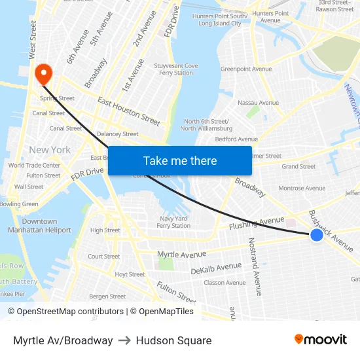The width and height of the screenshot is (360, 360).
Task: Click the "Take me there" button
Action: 180,160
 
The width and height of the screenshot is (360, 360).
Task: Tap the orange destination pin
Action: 44,73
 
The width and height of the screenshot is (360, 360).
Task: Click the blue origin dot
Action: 317,234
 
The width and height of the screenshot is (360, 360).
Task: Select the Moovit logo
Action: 321,340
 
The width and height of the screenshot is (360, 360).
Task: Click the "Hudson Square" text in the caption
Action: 173,340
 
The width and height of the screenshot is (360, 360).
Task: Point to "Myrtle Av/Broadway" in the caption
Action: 63,340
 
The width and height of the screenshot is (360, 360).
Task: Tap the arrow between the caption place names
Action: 124,340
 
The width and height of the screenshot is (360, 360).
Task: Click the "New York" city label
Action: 50,150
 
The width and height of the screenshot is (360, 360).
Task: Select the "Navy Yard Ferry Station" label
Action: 173,222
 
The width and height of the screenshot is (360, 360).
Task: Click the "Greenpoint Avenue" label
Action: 246,69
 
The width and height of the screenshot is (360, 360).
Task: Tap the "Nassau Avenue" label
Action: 258,103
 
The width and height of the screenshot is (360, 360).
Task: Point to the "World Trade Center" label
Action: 34,166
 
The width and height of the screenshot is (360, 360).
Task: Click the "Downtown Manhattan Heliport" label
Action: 39,226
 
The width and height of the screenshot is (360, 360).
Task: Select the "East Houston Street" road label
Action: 128,111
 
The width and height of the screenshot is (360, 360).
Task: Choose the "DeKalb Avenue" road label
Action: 216,268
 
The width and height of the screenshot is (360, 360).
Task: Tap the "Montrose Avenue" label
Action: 302,188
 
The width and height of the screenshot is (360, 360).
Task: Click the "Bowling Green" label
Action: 19,204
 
